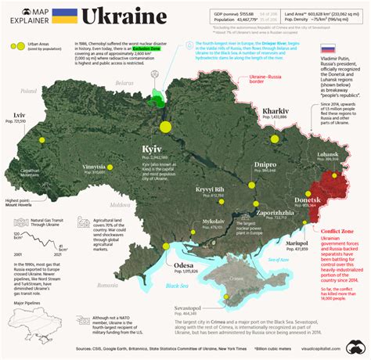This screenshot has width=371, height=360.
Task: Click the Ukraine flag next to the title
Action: click(x=64, y=16)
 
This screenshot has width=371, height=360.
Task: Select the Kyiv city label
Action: click(x=151, y=148)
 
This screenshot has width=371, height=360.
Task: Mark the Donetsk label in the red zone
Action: click(x=308, y=201)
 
